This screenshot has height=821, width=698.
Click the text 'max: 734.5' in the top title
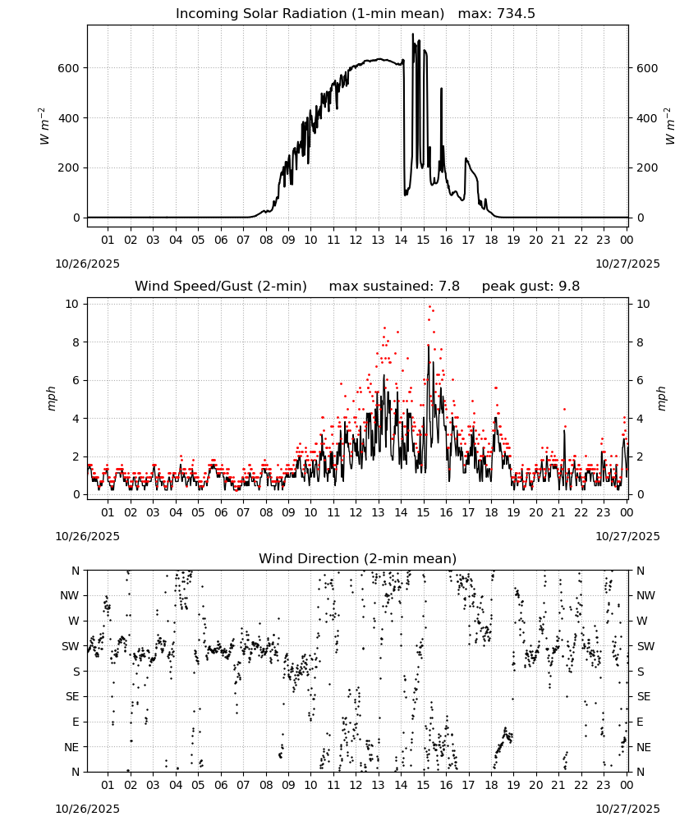(x=497, y=14)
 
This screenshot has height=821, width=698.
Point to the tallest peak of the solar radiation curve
(x=412, y=34)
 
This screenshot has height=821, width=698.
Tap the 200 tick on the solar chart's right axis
(x=647, y=168)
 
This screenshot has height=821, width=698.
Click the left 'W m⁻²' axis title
(x=44, y=126)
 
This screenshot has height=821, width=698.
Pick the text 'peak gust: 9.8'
(x=530, y=287)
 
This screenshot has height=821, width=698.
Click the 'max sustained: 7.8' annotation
(x=394, y=287)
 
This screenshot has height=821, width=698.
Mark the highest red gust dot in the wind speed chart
(x=430, y=307)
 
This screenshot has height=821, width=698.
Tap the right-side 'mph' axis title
(x=661, y=398)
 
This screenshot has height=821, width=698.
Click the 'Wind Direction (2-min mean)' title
(x=358, y=558)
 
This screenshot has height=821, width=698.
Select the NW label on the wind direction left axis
(x=70, y=596)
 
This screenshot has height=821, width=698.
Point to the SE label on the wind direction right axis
(x=644, y=697)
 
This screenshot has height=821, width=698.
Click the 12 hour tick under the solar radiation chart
(x=356, y=240)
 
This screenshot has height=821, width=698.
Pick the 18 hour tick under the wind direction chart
(x=490, y=786)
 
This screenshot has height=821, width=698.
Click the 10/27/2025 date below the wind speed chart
(x=627, y=536)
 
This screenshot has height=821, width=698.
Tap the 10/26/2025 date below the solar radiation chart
(x=87, y=264)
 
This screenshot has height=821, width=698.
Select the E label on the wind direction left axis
(x=76, y=722)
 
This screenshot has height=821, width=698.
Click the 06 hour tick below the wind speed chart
(x=221, y=512)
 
